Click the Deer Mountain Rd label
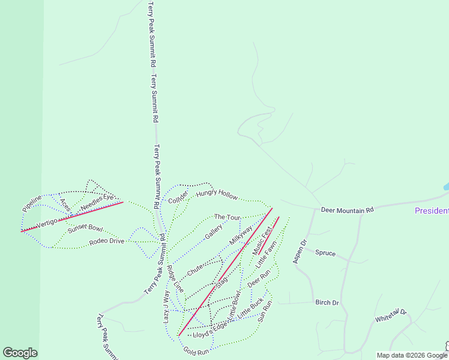click(347, 210)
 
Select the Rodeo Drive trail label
click(106, 241)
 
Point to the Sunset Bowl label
click(85, 228)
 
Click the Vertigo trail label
click(46, 223)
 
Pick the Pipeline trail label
click(32, 203)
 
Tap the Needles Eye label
click(97, 201)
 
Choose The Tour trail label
click(228, 217)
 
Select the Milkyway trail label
click(240, 235)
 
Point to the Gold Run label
click(196, 351)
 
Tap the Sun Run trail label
click(265, 311)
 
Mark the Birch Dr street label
click(327, 302)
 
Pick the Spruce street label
click(325, 253)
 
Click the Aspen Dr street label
click(299, 251)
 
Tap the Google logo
click(20, 353)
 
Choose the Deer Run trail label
click(259, 279)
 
